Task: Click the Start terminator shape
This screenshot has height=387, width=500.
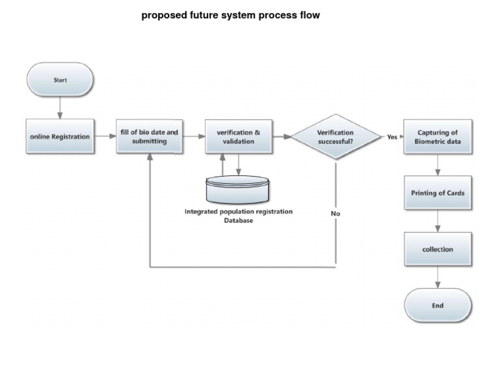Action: coord(60,80)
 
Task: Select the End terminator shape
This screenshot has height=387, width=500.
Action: coord(437,306)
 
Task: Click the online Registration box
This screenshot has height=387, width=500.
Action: coord(60,137)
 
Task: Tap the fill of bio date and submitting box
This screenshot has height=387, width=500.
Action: coord(149,137)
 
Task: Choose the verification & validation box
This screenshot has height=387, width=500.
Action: coord(238,137)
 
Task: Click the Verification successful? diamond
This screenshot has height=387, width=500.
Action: coord(335,137)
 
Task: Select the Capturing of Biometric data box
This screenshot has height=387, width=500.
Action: coord(437,137)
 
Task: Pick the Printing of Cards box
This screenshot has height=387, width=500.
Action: coord(437,193)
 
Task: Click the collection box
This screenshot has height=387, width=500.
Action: coord(437,250)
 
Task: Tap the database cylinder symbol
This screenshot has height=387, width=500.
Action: coord(238,190)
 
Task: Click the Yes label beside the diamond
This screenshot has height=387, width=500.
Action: coord(392,137)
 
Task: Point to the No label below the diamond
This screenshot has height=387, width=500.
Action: coord(335,214)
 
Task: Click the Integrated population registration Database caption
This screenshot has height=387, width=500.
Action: coord(238,216)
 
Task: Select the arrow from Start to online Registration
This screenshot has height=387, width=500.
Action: coord(60,108)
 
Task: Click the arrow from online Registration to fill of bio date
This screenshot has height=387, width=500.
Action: coord(105,137)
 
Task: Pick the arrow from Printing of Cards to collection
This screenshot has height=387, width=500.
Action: coord(437,222)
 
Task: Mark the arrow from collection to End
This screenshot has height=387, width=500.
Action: coord(437,278)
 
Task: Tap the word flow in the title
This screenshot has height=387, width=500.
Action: coord(309,15)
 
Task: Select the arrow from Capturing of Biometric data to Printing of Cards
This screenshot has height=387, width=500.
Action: coord(437,165)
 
